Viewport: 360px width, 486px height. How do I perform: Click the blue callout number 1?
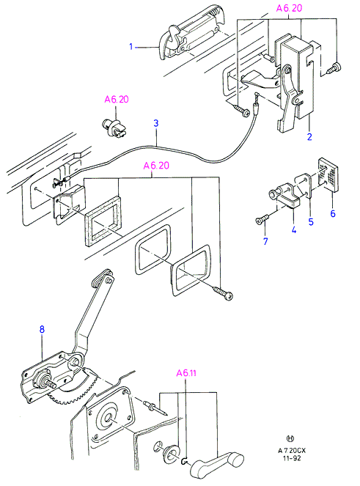(x=131, y=47)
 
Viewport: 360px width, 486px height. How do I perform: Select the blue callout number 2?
(x=309, y=136)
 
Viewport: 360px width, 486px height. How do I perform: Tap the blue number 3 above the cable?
(x=156, y=123)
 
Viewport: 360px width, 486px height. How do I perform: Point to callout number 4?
(x=293, y=229)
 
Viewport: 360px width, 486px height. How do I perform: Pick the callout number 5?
(x=311, y=221)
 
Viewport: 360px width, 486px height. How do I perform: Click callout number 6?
(x=333, y=213)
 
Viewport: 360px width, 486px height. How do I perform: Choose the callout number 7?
(x=265, y=241)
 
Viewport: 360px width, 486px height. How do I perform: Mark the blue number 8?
(x=42, y=329)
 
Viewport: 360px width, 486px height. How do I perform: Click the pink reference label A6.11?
(x=186, y=373)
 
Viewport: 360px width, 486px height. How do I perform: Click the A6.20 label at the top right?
(x=289, y=8)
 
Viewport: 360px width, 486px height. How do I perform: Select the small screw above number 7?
(x=262, y=220)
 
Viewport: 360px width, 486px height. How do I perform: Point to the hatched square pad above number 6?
(x=328, y=174)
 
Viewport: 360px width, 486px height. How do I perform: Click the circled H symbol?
(x=290, y=438)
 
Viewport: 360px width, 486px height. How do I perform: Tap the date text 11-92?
(x=292, y=458)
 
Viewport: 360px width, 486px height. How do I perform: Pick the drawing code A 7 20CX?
(x=292, y=450)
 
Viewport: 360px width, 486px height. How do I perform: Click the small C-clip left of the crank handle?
(x=183, y=462)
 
